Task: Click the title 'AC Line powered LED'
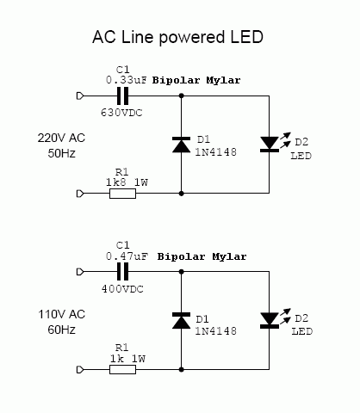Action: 177,37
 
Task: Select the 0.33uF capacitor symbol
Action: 123,96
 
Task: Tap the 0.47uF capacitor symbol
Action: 123,272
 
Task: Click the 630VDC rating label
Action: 121,113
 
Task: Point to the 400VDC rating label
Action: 122,289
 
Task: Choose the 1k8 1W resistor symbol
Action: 122,194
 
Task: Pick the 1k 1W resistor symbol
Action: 122,369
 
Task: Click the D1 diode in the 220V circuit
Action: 181,145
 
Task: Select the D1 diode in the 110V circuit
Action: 181,320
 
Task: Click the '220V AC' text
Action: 61,138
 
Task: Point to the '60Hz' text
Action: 61,330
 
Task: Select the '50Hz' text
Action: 61,153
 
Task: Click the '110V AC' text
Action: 62,314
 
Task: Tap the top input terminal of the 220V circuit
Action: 80,96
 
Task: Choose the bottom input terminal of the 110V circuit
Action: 80,370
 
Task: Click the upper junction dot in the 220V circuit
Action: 181,96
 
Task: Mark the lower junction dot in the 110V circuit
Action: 181,370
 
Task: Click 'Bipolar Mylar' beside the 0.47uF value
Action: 202,256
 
